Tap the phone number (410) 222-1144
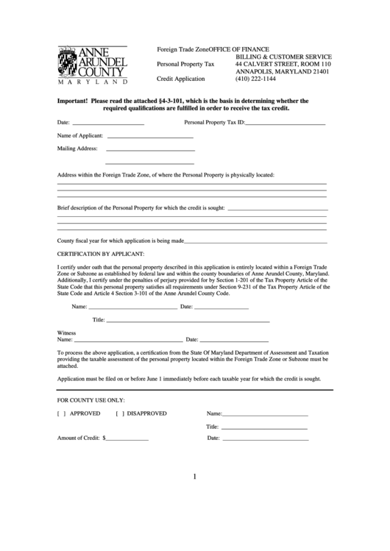click(256, 81)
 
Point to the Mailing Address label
click(77, 148)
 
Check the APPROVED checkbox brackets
click(61, 413)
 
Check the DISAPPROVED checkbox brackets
click(119, 413)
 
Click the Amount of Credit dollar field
click(127, 438)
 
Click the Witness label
click(66, 333)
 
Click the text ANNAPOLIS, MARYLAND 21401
click(282, 72)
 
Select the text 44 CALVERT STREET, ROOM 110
click(283, 64)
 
